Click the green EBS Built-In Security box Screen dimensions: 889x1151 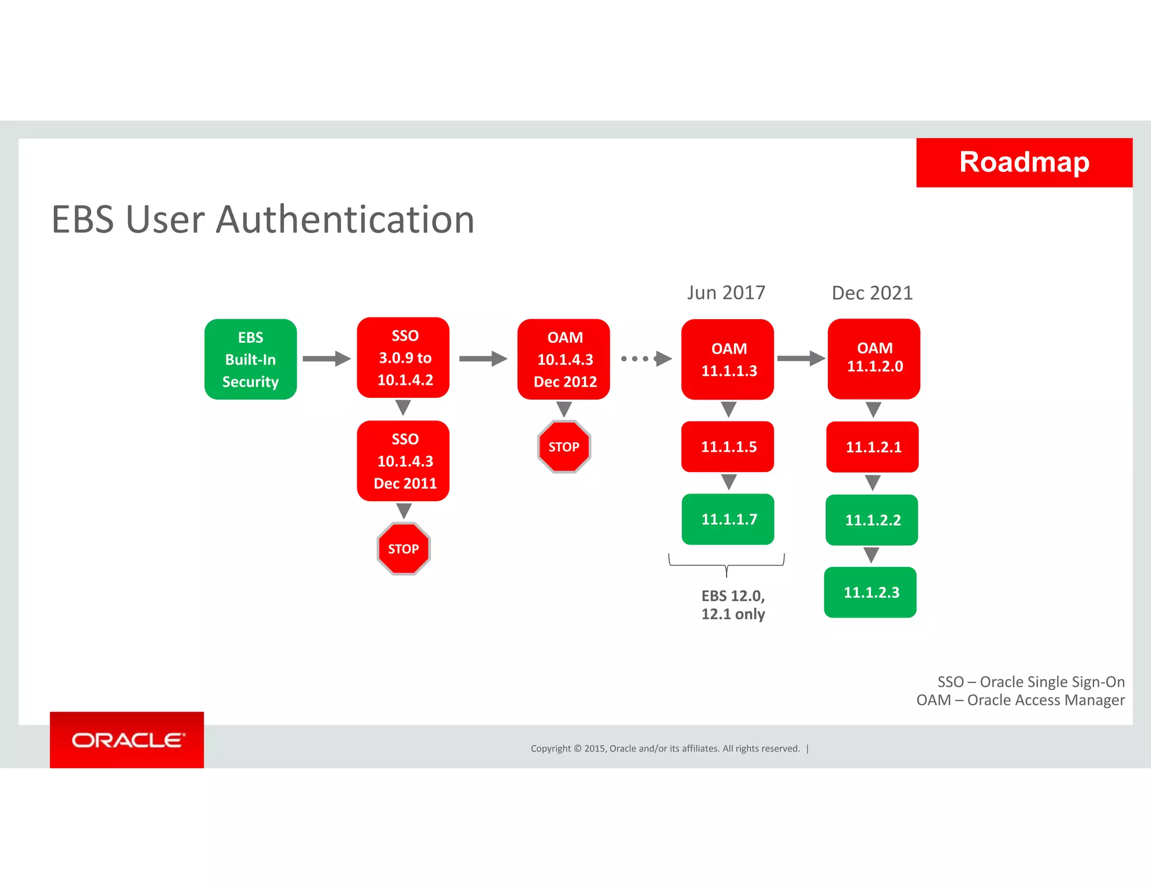coord(251,359)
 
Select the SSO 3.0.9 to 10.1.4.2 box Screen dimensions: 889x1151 coord(403,357)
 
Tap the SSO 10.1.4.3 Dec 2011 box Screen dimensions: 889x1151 coord(403,461)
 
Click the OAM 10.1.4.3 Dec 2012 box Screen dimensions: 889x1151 coord(564,359)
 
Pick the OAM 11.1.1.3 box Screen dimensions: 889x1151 coord(728,359)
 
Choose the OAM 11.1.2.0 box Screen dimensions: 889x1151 coord(874,359)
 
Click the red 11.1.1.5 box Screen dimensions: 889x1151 coord(728,447)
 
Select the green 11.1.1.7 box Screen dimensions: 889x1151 coord(728,519)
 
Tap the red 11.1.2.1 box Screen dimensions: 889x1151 coord(873,447)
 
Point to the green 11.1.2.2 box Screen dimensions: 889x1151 coord(872,520)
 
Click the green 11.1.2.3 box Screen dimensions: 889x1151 coord(871,592)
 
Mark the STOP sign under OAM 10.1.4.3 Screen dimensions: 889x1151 coord(564,447)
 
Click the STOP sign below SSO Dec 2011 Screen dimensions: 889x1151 coord(404,548)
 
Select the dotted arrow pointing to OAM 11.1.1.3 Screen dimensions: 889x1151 coord(646,359)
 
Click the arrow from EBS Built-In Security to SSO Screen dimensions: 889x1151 coord(327,359)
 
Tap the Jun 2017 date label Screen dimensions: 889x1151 coord(726,293)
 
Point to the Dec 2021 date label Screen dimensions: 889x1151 coord(872,293)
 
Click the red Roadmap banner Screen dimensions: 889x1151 coord(1024,162)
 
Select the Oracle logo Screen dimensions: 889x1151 coord(127,740)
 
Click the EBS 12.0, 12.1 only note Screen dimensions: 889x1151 coord(733,605)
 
